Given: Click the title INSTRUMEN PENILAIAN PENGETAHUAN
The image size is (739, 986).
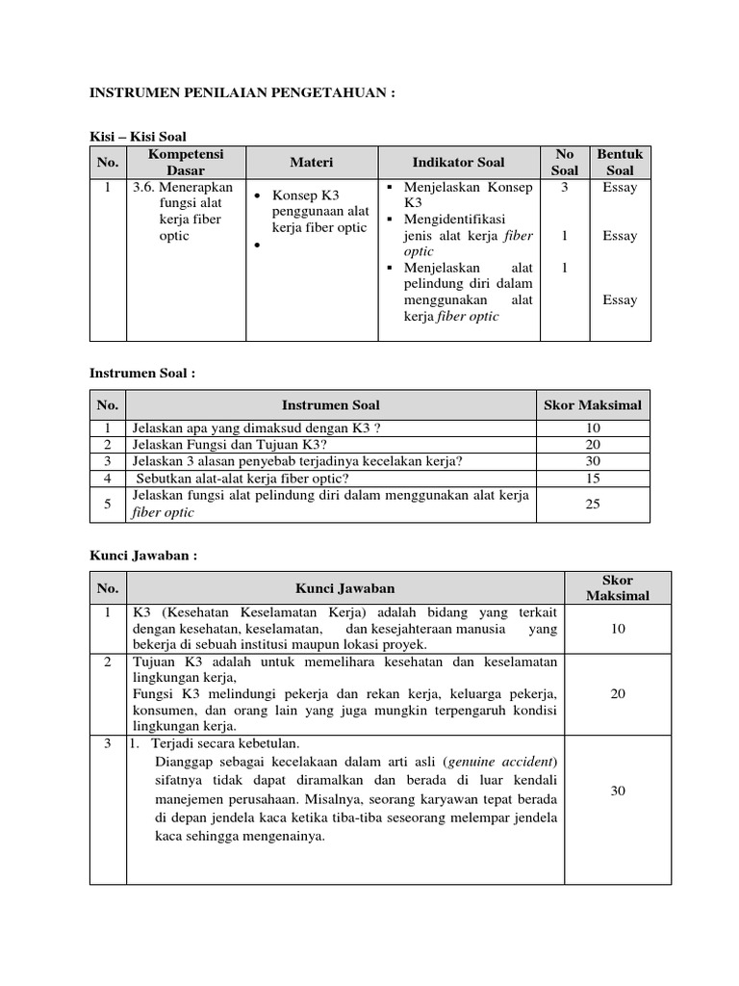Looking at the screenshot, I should (x=242, y=92).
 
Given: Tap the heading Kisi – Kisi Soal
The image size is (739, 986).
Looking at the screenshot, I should (x=145, y=137).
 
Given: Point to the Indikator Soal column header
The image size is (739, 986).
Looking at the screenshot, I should (x=458, y=162).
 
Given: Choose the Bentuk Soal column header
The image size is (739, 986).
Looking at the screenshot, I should (x=620, y=162).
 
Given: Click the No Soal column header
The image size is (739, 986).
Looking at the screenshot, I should (x=565, y=162).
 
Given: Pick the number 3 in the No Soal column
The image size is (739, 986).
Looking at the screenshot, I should (x=565, y=188).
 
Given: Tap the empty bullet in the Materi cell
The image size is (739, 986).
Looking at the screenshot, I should (x=259, y=246).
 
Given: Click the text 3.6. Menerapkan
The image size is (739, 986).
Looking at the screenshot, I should (x=183, y=188).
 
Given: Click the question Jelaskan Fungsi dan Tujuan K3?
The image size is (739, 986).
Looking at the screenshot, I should (x=229, y=444).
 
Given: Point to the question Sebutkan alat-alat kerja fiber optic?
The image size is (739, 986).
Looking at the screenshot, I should (x=242, y=479).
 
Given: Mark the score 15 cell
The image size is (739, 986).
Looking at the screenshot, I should (x=593, y=479).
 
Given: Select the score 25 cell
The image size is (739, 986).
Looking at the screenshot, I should (x=593, y=504).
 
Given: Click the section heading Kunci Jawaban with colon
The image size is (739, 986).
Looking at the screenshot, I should (x=143, y=556).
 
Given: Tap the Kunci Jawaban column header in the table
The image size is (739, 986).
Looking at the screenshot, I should (x=344, y=587).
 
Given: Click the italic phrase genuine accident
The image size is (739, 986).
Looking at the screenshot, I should (x=500, y=762).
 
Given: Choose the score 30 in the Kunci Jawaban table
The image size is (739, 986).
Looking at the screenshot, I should (x=618, y=791).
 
